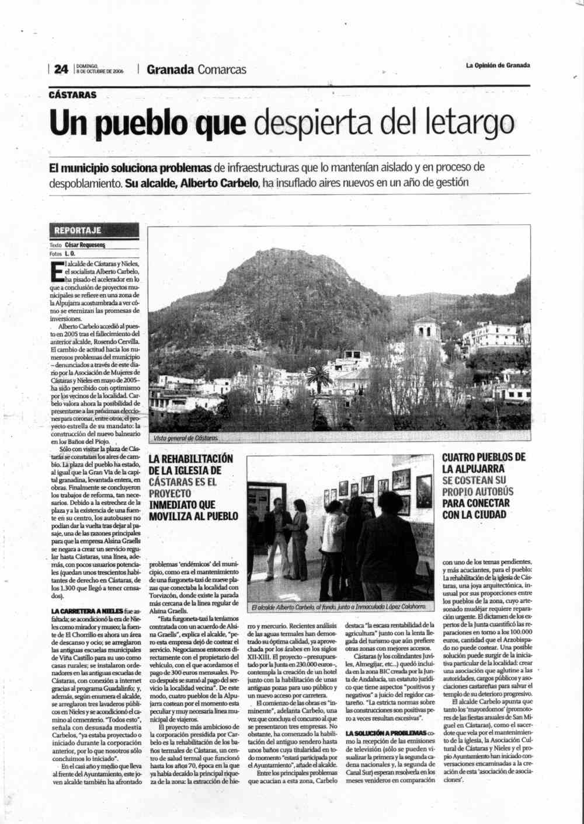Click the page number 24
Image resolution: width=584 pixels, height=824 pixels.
[x=61, y=69]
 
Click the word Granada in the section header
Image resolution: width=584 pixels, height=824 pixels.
[x=170, y=69]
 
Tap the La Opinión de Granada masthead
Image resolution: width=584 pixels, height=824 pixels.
[x=498, y=65]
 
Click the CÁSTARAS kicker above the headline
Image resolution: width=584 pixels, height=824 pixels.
[x=73, y=95]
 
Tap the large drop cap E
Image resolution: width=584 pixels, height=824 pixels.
[x=57, y=271]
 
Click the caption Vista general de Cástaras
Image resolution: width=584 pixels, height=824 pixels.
[x=186, y=438]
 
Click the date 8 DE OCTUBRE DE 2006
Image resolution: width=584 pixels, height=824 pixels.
[x=99, y=72]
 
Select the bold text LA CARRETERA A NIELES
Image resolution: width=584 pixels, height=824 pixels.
[x=87, y=611]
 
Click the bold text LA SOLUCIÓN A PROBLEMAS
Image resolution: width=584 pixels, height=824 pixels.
[x=385, y=733]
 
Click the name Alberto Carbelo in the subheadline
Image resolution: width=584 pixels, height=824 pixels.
[x=219, y=183]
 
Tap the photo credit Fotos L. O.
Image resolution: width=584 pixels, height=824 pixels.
[x=62, y=254]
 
